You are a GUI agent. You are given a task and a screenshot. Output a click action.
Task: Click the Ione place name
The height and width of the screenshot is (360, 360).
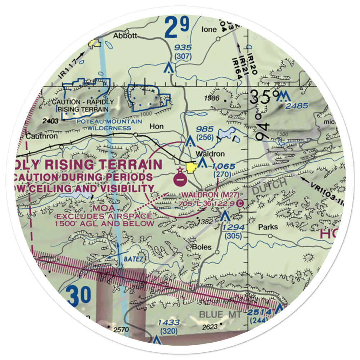pos(210,30)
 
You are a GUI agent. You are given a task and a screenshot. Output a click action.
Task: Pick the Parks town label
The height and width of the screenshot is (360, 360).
pos(268,227)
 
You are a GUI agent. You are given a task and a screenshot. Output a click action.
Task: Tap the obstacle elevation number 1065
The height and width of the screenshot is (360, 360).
pos(224,166)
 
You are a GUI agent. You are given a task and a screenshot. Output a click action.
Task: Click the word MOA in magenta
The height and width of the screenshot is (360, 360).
pos(103,208)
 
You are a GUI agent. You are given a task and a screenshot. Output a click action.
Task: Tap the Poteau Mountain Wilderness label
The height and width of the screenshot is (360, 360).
pos(109,125)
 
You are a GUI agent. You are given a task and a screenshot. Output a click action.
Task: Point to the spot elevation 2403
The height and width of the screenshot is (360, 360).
pos(50,121)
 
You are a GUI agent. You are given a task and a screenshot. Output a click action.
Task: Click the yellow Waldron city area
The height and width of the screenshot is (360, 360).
pos(191,167)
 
